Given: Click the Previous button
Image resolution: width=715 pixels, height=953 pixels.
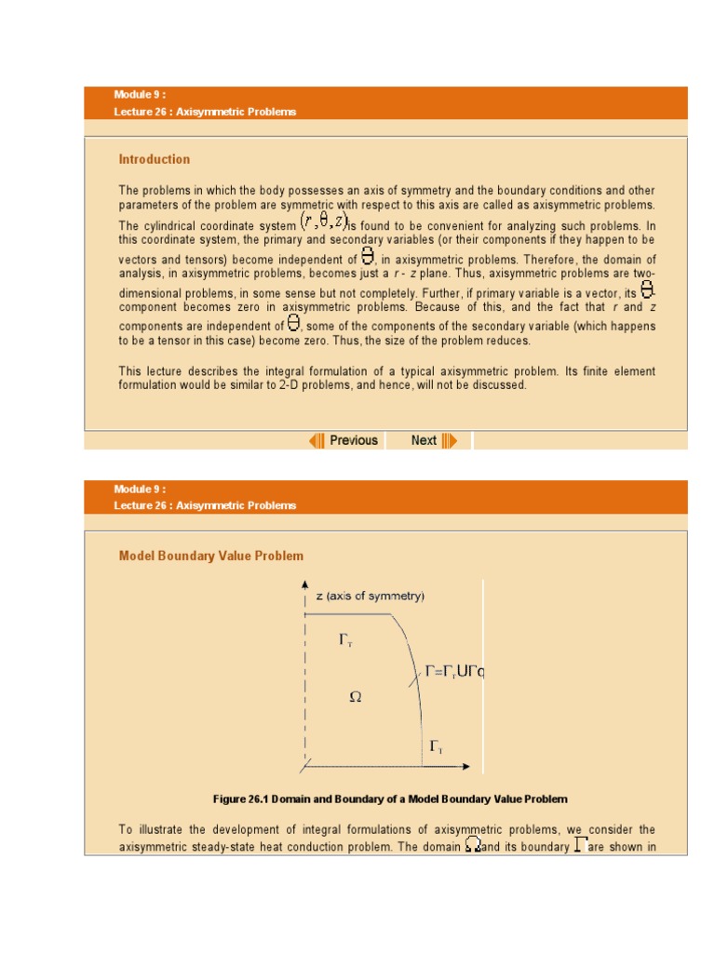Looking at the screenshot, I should click(x=353, y=440).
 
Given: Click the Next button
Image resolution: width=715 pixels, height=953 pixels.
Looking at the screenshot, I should click(x=424, y=440).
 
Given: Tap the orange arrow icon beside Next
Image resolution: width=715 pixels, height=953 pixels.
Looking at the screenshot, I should click(x=449, y=440).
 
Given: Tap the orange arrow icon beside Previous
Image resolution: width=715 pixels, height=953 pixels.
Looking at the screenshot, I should click(x=317, y=440).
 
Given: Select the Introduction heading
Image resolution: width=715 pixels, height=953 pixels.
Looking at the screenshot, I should click(x=154, y=159).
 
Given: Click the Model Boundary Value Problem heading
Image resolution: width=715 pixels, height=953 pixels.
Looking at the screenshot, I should click(x=210, y=556).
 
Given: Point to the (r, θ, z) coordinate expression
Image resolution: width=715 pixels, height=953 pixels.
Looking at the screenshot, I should click(x=323, y=222).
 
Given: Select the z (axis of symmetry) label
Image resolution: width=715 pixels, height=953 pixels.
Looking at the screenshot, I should click(x=370, y=596).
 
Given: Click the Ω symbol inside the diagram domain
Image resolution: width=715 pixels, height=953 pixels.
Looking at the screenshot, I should click(x=355, y=695).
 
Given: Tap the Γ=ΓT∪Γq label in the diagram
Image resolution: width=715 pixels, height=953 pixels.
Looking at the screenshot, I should click(x=454, y=670).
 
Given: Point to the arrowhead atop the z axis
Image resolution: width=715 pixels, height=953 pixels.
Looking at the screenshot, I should click(x=305, y=584).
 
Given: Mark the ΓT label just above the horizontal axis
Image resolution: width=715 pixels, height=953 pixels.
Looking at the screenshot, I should click(x=435, y=747).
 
